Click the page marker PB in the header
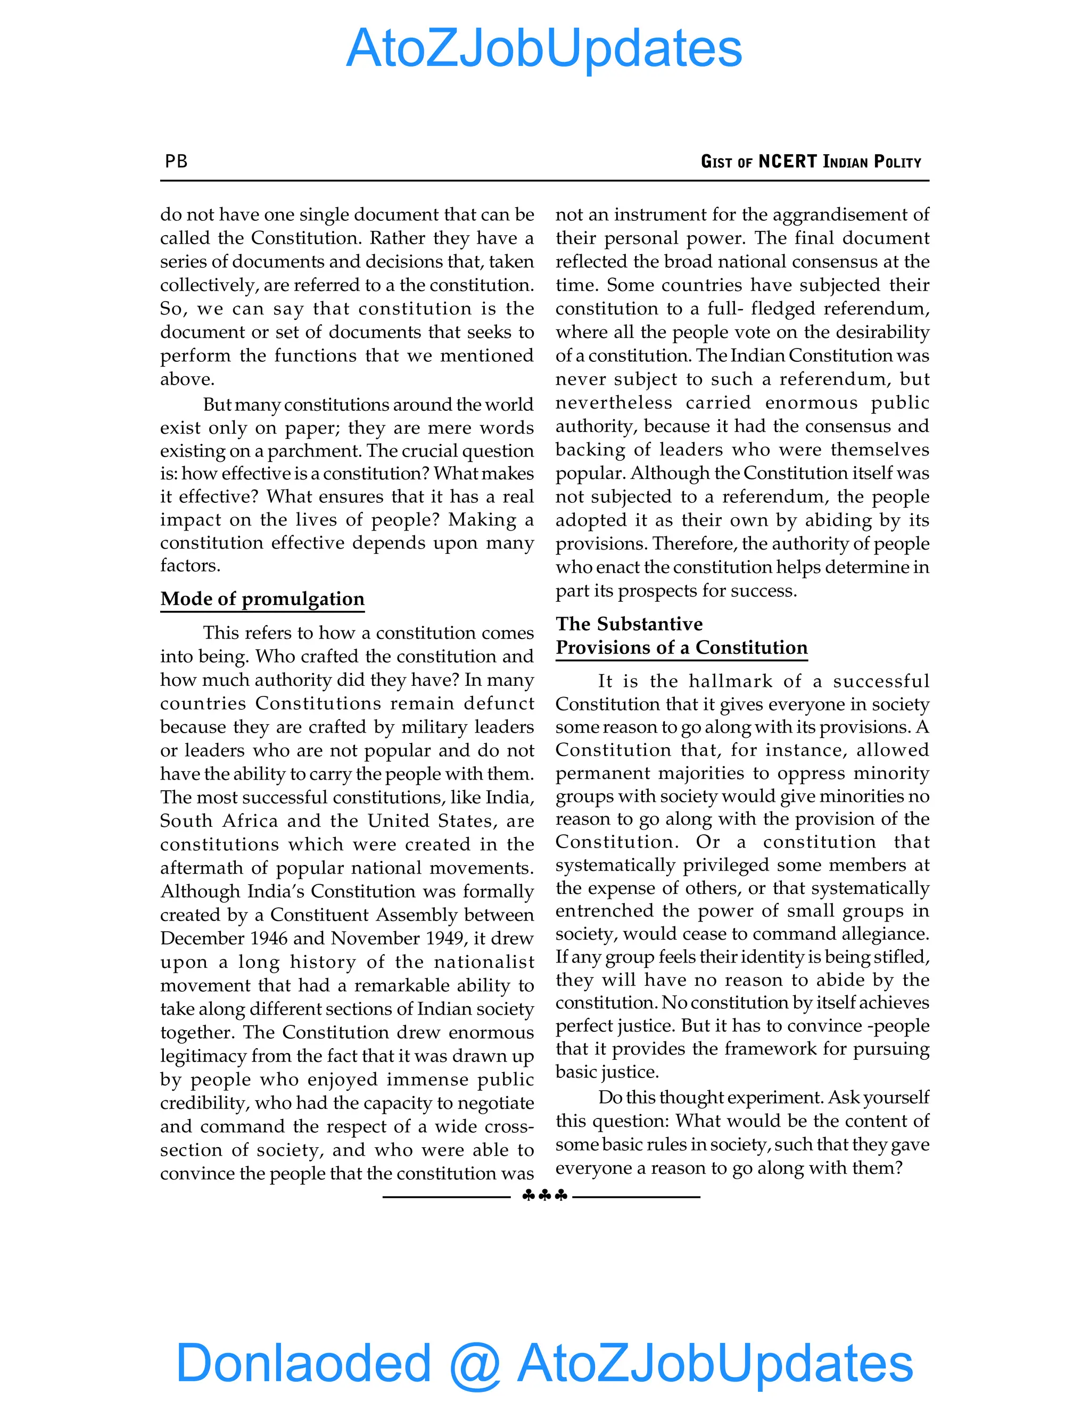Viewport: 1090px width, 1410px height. tap(176, 161)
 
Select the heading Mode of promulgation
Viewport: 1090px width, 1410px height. tap(262, 599)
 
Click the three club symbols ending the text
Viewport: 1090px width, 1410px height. tap(544, 1196)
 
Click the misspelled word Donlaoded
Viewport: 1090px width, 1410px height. tap(303, 1362)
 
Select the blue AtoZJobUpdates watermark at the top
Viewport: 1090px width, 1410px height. tap(544, 48)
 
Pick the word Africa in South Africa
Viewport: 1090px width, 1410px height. tap(251, 820)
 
